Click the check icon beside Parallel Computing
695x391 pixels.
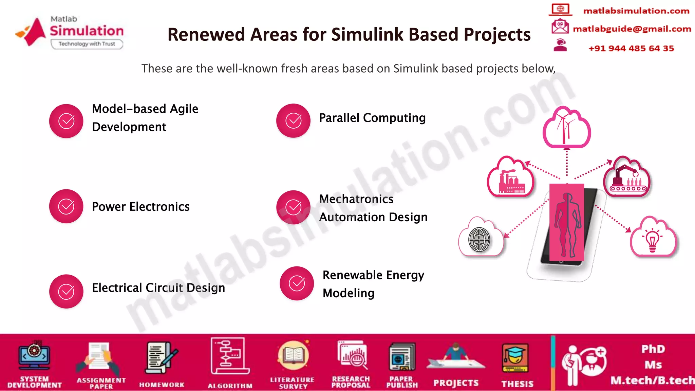pos(293,120)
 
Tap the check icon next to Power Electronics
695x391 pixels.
pos(66,206)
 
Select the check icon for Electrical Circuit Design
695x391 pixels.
pos(66,291)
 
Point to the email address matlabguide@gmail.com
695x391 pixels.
pos(632,29)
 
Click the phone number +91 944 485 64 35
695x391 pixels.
pos(631,48)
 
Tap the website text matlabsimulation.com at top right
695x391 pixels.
pos(636,11)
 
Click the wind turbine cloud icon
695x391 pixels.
pos(566,127)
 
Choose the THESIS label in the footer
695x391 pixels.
pos(517,384)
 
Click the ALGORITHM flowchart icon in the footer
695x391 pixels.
pos(229,355)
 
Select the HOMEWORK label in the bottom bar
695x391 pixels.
pos(162,385)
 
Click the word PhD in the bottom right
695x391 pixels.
pos(653,349)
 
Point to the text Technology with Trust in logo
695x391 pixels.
pos(87,44)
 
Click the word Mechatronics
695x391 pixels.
pos(356,199)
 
